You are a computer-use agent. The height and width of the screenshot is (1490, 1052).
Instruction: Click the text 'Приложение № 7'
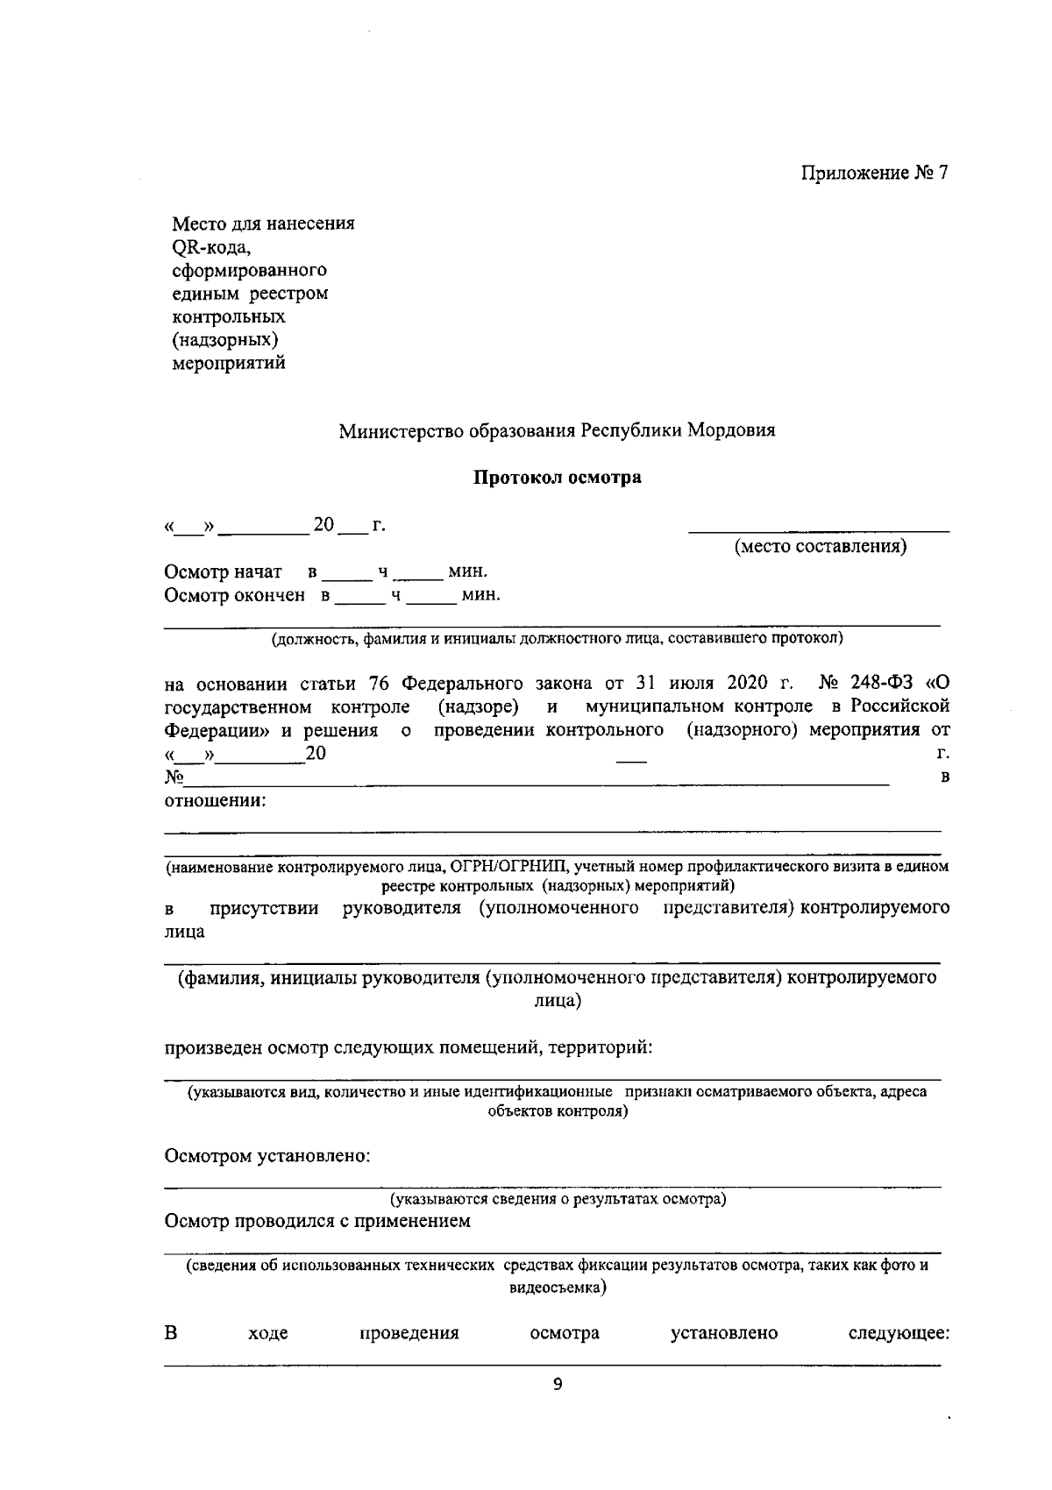click(874, 173)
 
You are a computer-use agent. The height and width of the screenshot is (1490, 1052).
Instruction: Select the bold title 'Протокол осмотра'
click(558, 478)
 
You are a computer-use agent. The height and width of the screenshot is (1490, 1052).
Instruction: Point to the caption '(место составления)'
click(820, 547)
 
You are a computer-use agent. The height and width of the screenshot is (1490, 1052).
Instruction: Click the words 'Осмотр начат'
click(224, 572)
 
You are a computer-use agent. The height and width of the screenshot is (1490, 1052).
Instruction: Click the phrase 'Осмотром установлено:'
click(268, 1156)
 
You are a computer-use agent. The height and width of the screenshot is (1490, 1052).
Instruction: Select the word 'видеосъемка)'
click(558, 1288)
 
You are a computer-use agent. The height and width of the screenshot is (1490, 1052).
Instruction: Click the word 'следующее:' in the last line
click(899, 1334)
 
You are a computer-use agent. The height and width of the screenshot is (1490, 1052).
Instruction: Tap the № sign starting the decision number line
click(174, 777)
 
